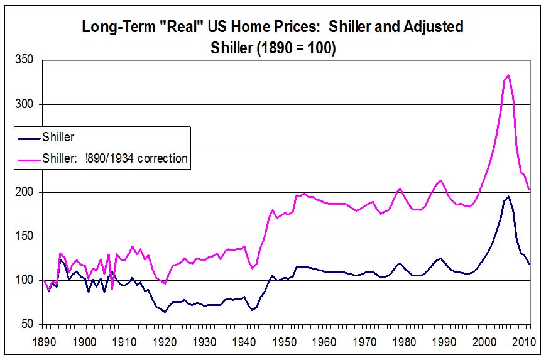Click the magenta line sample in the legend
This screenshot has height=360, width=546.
pos(28,158)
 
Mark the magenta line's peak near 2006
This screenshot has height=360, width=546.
pos(508,75)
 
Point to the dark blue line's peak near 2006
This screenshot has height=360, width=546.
pos(508,197)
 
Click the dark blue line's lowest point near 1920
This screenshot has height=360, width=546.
pos(165,312)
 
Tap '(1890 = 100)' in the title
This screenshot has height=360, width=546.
pos(295,48)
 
